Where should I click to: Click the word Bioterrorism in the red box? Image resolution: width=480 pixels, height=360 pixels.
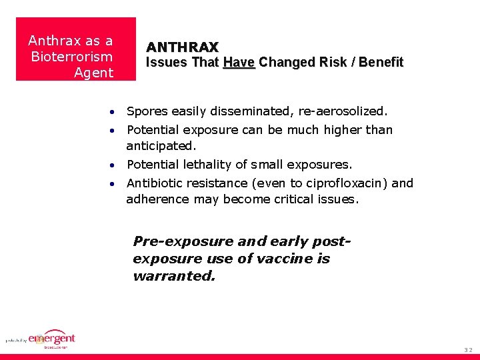pos(72,57)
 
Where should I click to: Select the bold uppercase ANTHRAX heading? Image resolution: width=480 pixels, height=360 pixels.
pos(182,47)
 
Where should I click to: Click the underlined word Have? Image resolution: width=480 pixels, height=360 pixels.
pos(239,63)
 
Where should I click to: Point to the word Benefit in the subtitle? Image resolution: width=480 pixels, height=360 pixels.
pos(381,63)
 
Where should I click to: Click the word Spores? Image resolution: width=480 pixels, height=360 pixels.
pos(147,111)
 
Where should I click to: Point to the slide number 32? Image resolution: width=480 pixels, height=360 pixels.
pos(469,349)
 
